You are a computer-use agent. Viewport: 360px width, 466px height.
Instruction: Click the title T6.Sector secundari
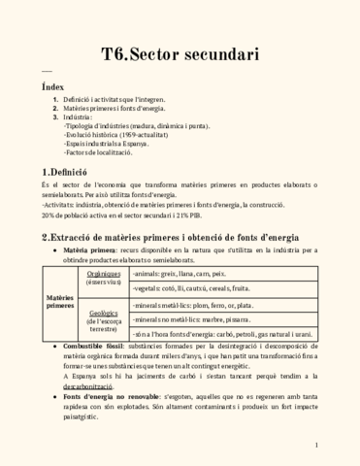[180, 53]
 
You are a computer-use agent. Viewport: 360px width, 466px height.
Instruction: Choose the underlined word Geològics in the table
[103, 315]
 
